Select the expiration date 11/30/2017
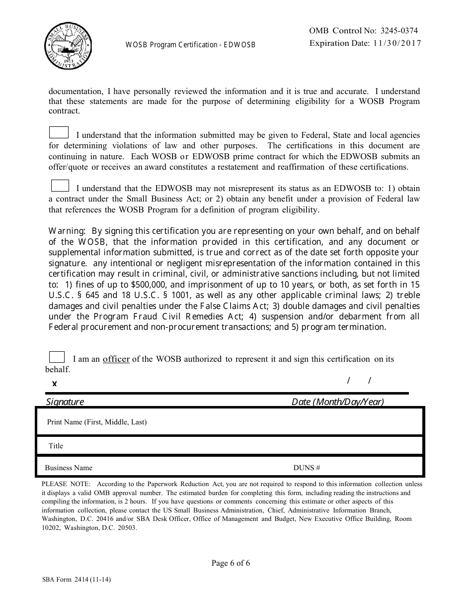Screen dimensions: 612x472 pyautogui.click(x=395, y=43)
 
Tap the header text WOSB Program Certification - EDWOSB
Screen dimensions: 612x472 pyautogui.click(x=190, y=45)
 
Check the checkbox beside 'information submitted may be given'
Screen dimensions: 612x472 pyautogui.click(x=59, y=132)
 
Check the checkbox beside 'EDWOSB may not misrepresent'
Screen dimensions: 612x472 pyautogui.click(x=60, y=186)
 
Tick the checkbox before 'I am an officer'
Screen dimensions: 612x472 pyautogui.click(x=57, y=357)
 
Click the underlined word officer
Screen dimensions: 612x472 pyautogui.click(x=116, y=359)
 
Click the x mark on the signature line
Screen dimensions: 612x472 pyautogui.click(x=55, y=383)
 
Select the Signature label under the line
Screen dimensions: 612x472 pyautogui.click(x=65, y=402)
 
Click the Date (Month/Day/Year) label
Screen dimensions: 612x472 pyautogui.click(x=337, y=402)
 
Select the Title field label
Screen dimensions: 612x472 pyautogui.click(x=56, y=446)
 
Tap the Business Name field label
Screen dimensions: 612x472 pyautogui.click(x=69, y=468)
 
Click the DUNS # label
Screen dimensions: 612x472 pyautogui.click(x=307, y=468)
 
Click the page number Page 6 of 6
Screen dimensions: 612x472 pyautogui.click(x=231, y=563)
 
